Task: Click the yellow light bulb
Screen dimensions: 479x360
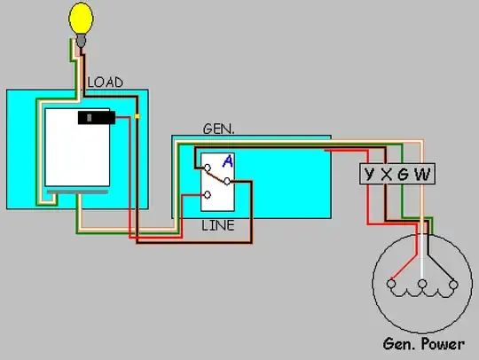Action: (x=81, y=19)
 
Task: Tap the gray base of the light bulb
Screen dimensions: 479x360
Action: (x=81, y=41)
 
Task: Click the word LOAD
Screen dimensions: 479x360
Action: (x=106, y=82)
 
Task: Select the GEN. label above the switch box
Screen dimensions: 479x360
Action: (x=219, y=129)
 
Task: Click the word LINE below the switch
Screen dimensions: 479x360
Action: (x=218, y=225)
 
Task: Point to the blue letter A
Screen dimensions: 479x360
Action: (x=228, y=161)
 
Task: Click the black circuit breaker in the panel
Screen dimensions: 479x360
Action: (x=97, y=118)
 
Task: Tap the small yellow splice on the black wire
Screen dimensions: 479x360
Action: (x=137, y=116)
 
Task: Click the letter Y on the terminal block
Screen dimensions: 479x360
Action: (x=369, y=175)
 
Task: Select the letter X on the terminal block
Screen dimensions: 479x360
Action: (x=386, y=175)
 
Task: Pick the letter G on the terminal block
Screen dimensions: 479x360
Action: (x=403, y=175)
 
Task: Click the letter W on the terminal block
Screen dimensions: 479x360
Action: (x=422, y=175)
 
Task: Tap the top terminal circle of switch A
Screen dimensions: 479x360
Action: (x=208, y=168)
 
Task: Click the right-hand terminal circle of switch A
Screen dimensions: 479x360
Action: (x=227, y=182)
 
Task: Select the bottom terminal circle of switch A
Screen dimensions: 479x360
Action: (x=208, y=195)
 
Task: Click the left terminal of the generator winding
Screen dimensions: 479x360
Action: (x=391, y=284)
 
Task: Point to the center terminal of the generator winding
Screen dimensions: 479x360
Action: (x=422, y=284)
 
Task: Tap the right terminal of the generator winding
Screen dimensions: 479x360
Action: (x=453, y=285)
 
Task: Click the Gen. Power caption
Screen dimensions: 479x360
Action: (x=424, y=344)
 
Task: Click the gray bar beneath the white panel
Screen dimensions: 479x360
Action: (x=77, y=192)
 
